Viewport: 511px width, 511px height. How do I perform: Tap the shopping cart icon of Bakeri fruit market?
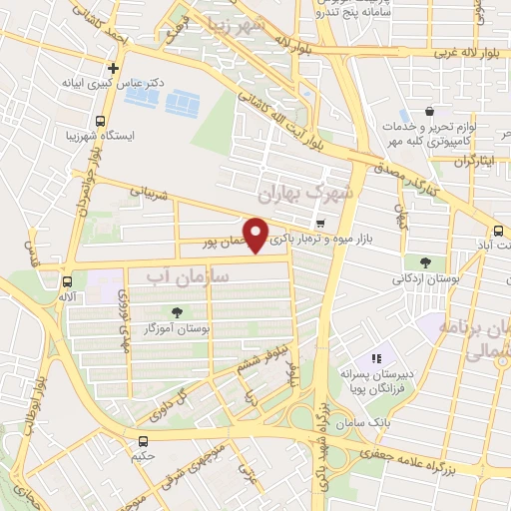tap(319, 224)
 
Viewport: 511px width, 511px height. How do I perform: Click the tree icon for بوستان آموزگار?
tap(178, 312)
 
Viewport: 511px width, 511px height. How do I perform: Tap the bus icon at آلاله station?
tap(67, 281)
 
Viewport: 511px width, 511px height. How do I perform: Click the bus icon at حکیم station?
tap(144, 440)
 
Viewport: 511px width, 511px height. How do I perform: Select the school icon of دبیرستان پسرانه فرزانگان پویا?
tap(376, 358)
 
